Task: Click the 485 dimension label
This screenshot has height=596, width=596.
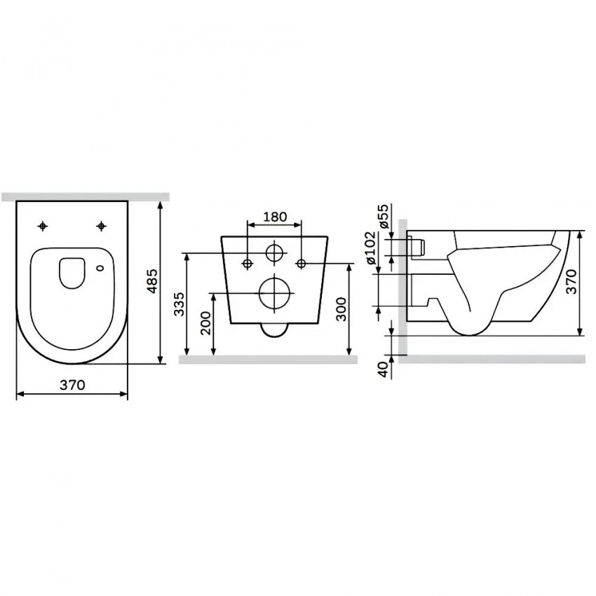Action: [152, 281]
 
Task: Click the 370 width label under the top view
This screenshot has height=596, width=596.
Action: [72, 385]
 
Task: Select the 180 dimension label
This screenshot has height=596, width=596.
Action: [274, 217]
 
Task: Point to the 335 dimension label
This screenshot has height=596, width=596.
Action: [179, 304]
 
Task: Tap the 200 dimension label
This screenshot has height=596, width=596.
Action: [205, 323]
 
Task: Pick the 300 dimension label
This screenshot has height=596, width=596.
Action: [341, 309]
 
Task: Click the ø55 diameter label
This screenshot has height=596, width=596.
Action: [384, 216]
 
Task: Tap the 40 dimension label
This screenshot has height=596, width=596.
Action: [385, 370]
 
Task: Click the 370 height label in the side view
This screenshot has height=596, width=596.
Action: [571, 281]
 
